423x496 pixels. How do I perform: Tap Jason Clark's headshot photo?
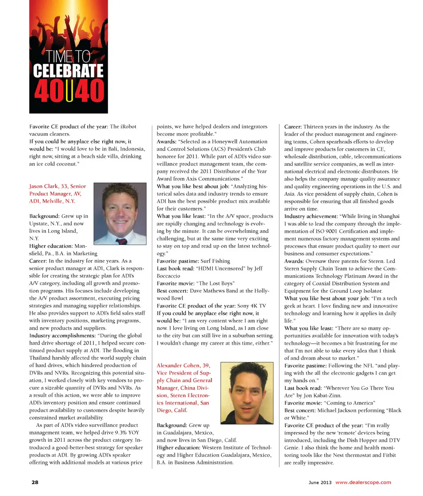[120, 214]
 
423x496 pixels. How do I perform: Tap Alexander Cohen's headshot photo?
[247, 393]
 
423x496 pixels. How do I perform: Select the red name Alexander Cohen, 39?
[182, 365]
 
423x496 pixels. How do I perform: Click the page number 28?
[34, 482]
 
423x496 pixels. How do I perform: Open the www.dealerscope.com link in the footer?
[363, 482]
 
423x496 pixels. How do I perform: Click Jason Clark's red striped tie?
[122, 241]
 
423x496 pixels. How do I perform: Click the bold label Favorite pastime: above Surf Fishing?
[175, 261]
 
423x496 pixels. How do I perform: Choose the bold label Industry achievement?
[310, 216]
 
